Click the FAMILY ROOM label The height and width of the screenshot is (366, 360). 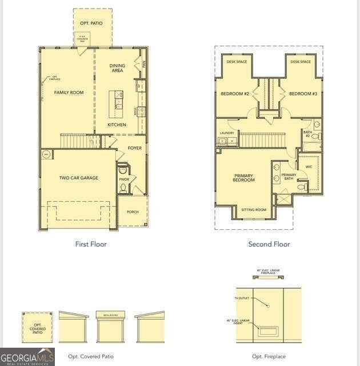click(69, 92)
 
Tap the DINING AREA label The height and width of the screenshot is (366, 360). click(117, 68)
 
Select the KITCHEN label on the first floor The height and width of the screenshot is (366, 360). click(117, 125)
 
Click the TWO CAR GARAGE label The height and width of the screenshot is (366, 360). click(79, 178)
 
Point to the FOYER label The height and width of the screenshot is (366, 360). click(134, 148)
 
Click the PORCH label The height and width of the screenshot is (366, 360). click(133, 212)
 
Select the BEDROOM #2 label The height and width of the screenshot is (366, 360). click(235, 94)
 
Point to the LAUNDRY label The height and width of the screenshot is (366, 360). click(227, 133)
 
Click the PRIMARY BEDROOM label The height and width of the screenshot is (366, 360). click(244, 177)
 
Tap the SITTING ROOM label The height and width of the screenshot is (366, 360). click(254, 210)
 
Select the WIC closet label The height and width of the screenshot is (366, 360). click(309, 167)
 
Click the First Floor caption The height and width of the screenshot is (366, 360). click(91, 244)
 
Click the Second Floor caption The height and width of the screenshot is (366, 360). click(269, 244)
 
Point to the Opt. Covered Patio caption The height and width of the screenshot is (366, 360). click(91, 356)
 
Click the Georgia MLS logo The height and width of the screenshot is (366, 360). click(27, 356)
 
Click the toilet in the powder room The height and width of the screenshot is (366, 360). click(123, 186)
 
